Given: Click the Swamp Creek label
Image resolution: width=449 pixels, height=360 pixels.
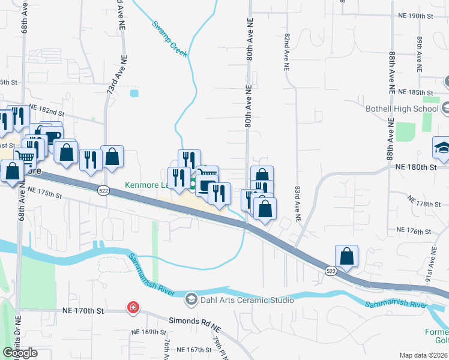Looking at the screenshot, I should coord(169,40).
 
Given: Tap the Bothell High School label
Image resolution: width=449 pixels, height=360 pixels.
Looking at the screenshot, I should coord(402,109).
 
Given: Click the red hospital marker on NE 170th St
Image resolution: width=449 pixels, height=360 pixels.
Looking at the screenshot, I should coord(132,308).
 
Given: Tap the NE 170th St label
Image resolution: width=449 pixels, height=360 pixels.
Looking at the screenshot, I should coord(83,311).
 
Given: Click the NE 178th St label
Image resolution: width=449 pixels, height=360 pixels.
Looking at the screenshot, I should coord(424,205).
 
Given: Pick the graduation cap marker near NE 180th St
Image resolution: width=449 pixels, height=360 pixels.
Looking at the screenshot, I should coord(442,148).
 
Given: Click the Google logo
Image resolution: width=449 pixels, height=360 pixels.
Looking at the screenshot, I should coord(20,353).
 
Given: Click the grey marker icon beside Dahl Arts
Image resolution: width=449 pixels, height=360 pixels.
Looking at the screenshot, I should coord(191,299).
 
